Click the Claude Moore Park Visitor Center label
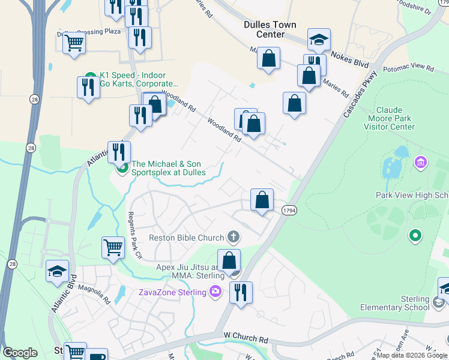pyautogui.click(x=394, y=118)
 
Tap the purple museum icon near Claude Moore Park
pyautogui.click(x=421, y=163)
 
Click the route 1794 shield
pyautogui.click(x=289, y=209)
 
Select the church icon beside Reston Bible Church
pyautogui.click(x=233, y=238)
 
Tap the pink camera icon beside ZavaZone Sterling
pyautogui.click(x=215, y=292)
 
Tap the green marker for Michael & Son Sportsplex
pyautogui.click(x=122, y=168)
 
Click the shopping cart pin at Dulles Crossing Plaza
pyautogui.click(x=74, y=43)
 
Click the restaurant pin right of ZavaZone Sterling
pyautogui.click(x=241, y=292)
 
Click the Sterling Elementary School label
pyautogui.click(x=395, y=303)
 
